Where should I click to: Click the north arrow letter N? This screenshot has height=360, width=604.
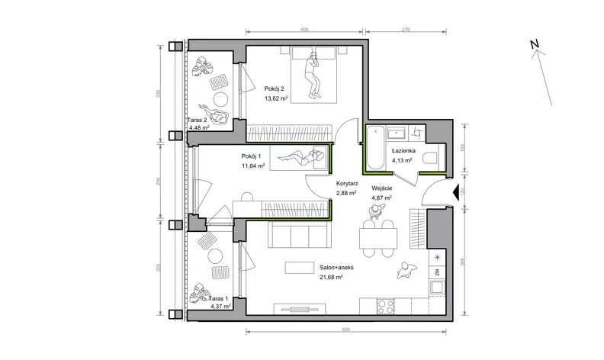coord(535,44)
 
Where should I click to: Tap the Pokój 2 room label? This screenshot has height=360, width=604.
coord(274,88)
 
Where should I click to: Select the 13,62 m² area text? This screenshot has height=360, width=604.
coord(276,98)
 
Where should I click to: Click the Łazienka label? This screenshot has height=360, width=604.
coord(403,151)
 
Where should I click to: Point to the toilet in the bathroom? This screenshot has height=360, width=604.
coord(430,158)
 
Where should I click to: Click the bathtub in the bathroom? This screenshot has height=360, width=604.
coord(375,148)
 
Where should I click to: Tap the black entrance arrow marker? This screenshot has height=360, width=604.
coord(455,192)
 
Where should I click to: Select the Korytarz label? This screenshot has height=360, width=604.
coord(347,184)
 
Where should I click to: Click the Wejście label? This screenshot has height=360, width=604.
coord(382,188)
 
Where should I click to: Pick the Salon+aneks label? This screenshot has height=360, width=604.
coord(336,267)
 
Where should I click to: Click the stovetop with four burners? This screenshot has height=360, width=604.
coord(386,307)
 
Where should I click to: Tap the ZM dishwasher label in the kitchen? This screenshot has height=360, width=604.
coord(438,272)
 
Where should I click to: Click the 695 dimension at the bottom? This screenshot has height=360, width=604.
coord(346,329)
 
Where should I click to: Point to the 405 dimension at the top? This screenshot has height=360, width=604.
coord(304,29)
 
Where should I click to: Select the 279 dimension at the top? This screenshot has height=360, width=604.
coord(406,29)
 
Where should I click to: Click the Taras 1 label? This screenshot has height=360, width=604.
coord(218,298)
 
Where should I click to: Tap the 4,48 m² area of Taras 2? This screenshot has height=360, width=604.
coord(199,127)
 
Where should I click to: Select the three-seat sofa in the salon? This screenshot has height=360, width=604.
coord(299,235)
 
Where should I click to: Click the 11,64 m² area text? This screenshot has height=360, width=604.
coord(253,166)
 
